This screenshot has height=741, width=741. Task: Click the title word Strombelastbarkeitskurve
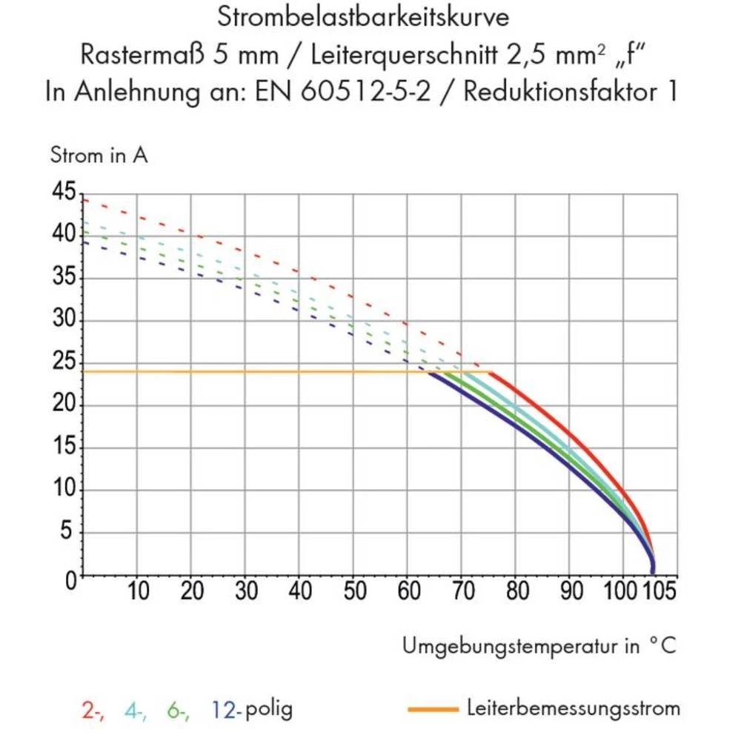point(363,17)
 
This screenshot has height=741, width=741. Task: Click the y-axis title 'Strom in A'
point(99,156)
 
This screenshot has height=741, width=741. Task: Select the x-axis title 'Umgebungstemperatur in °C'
point(539,645)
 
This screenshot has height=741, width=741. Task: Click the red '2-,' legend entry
point(93,710)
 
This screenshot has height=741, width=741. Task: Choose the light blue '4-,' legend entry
point(135,710)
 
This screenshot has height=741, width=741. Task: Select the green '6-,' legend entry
point(178,710)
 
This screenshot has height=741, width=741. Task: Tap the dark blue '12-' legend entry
point(226,710)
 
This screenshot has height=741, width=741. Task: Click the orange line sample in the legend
point(433,710)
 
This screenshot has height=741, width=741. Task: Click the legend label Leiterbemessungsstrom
point(574,708)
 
